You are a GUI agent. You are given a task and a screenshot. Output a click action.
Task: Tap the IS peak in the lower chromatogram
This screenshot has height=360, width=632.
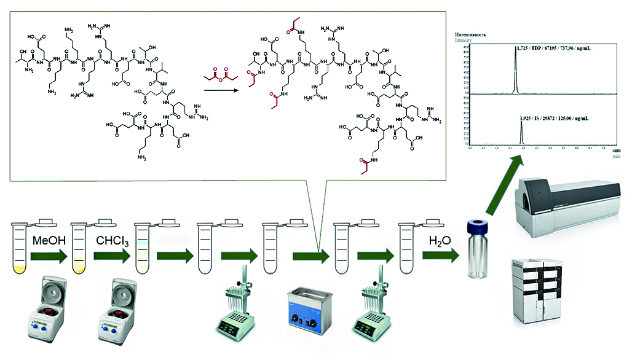[521, 130]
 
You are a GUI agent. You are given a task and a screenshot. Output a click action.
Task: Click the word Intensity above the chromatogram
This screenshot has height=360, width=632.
[463, 41]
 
